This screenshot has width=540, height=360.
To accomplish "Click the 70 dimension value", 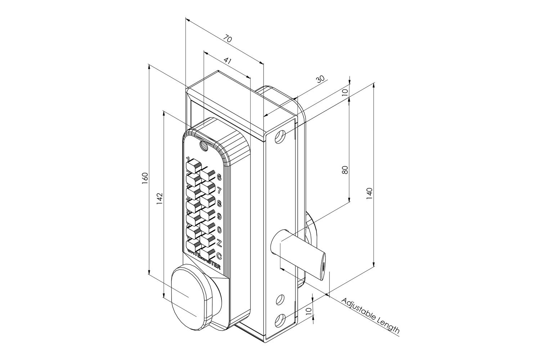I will click(x=227, y=38).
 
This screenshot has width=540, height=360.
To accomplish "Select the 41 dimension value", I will click(x=228, y=61).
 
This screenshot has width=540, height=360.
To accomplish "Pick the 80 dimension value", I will click(x=345, y=170).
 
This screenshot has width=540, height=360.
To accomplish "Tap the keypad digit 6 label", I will click(x=219, y=177).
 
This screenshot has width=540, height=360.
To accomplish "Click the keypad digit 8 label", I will click(x=219, y=203).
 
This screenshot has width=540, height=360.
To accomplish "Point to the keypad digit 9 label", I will click(x=219, y=216).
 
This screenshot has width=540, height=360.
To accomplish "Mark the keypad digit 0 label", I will click(x=219, y=229).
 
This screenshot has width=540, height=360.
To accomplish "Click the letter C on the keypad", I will click(x=219, y=256).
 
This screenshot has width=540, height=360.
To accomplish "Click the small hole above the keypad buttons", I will click(x=203, y=146).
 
